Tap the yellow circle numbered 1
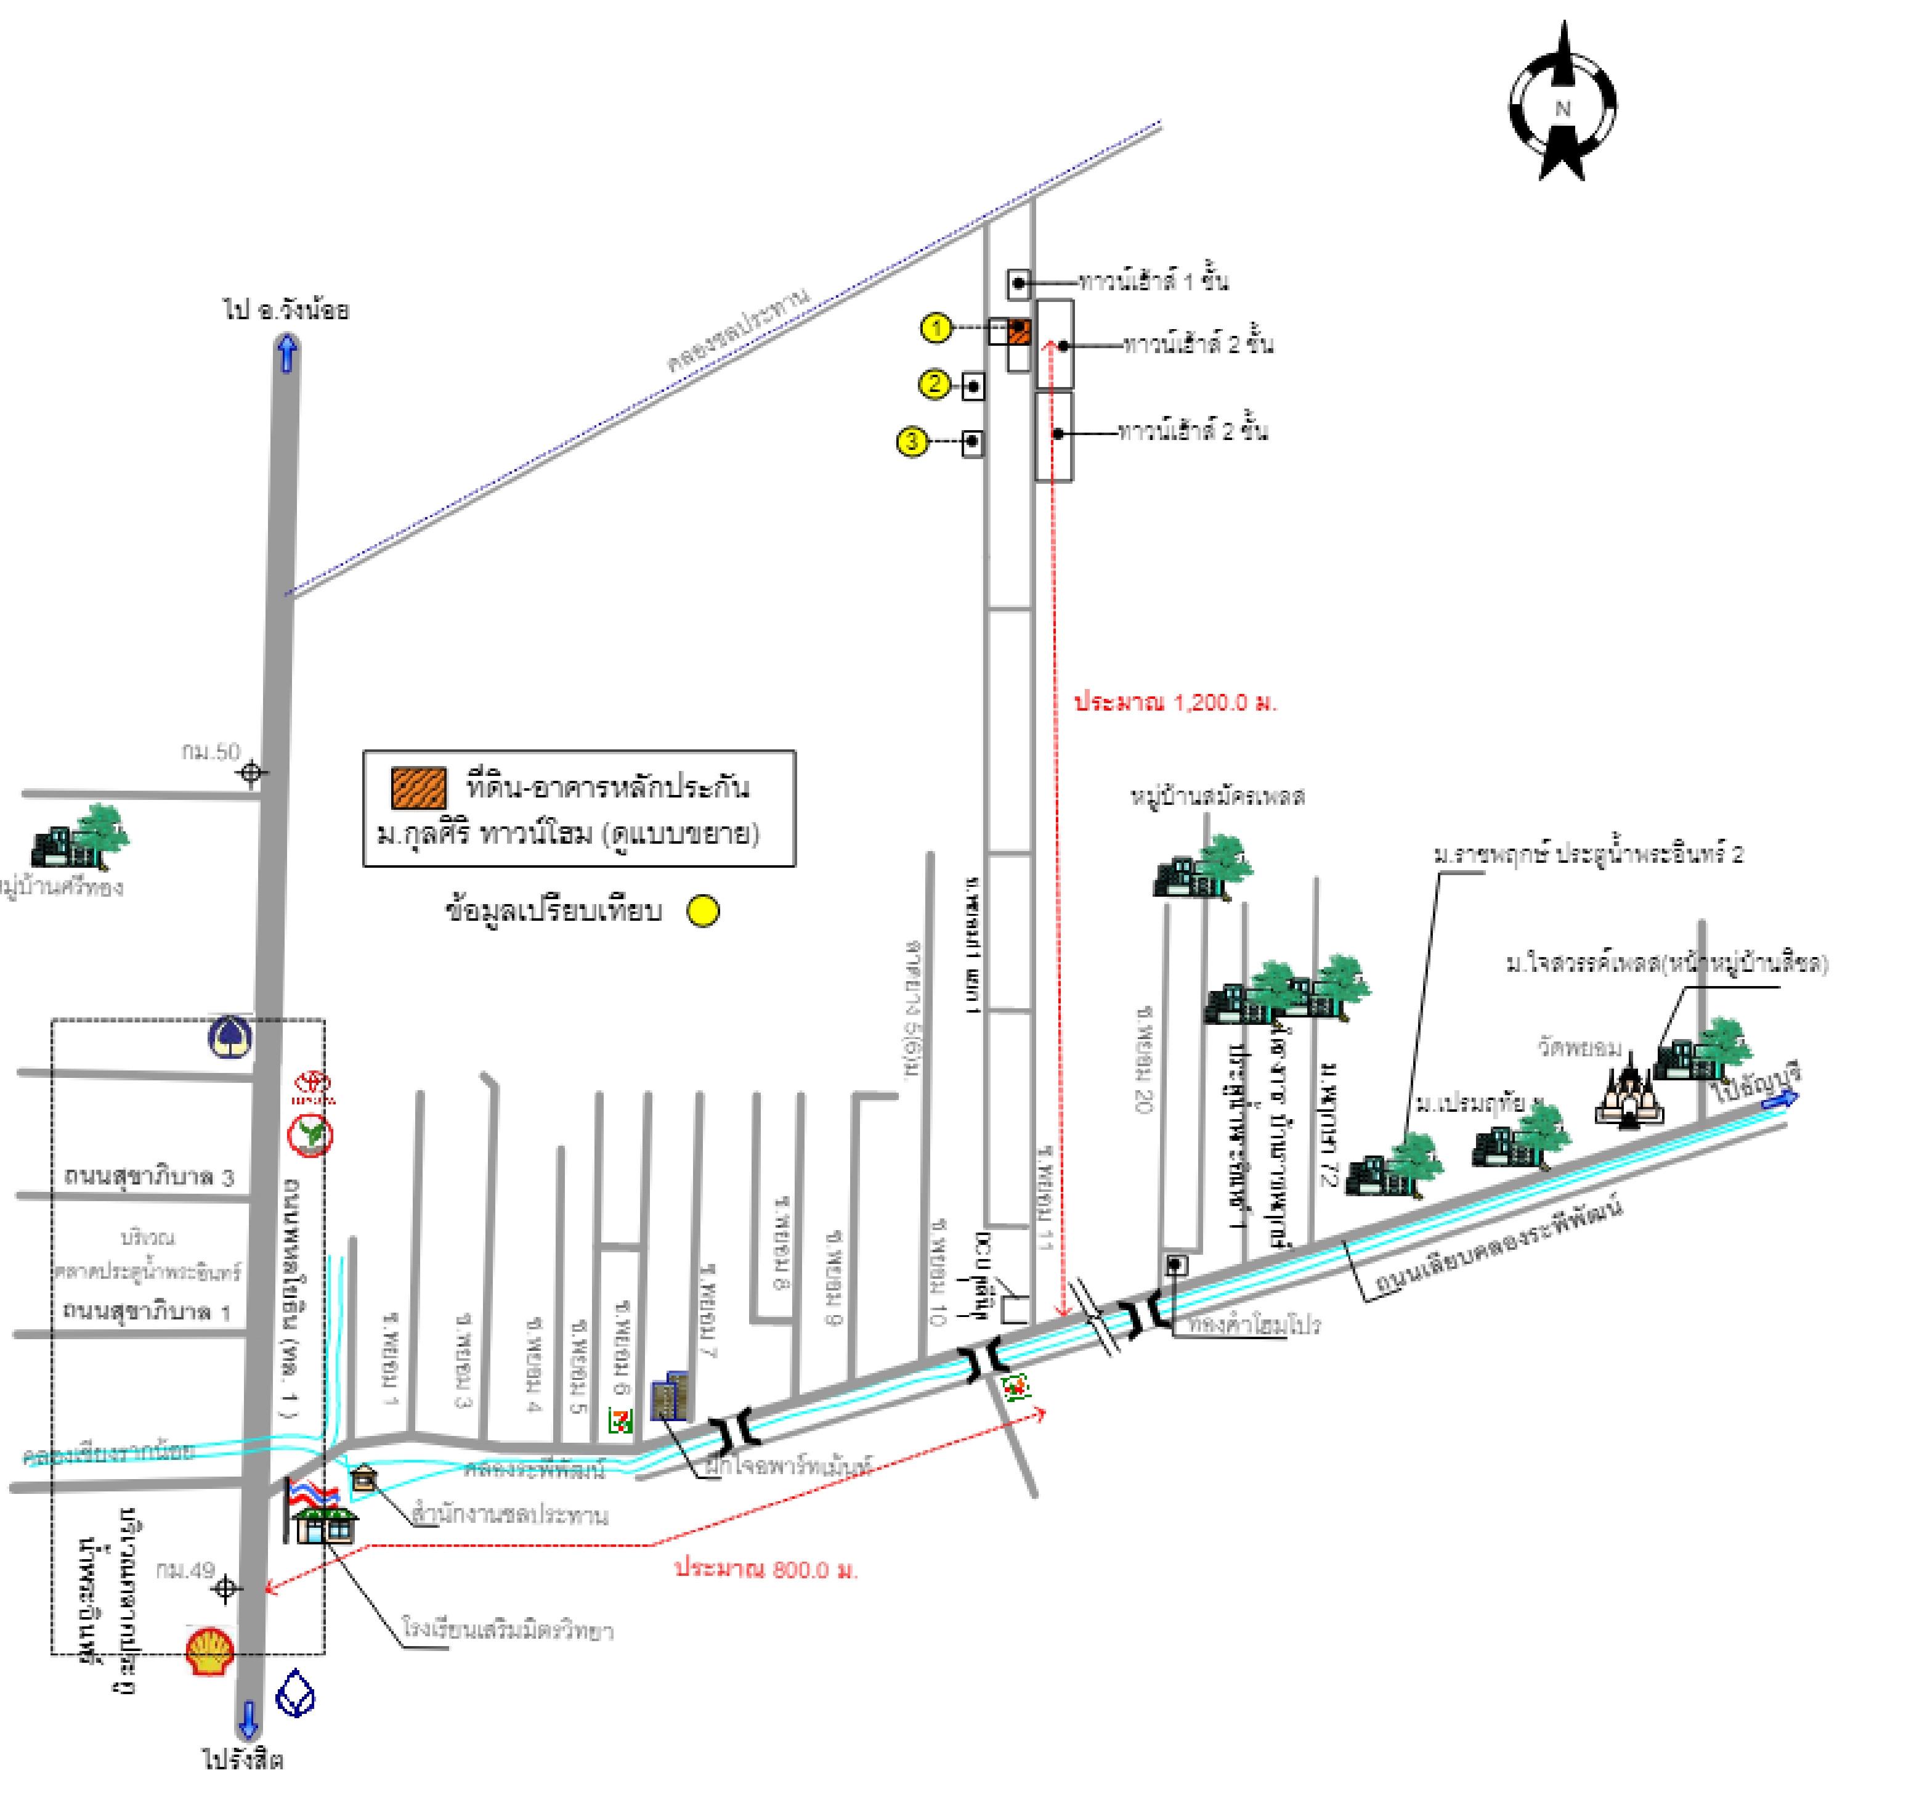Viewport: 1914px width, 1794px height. coord(936,328)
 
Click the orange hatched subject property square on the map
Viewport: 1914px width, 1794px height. coord(1019,332)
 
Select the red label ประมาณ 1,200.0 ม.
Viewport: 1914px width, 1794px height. coord(1175,702)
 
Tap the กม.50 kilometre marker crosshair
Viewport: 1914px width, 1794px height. coord(252,772)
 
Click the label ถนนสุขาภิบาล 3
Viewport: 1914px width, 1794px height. coord(149,1176)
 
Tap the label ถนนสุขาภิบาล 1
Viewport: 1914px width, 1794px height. coord(147,1311)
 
